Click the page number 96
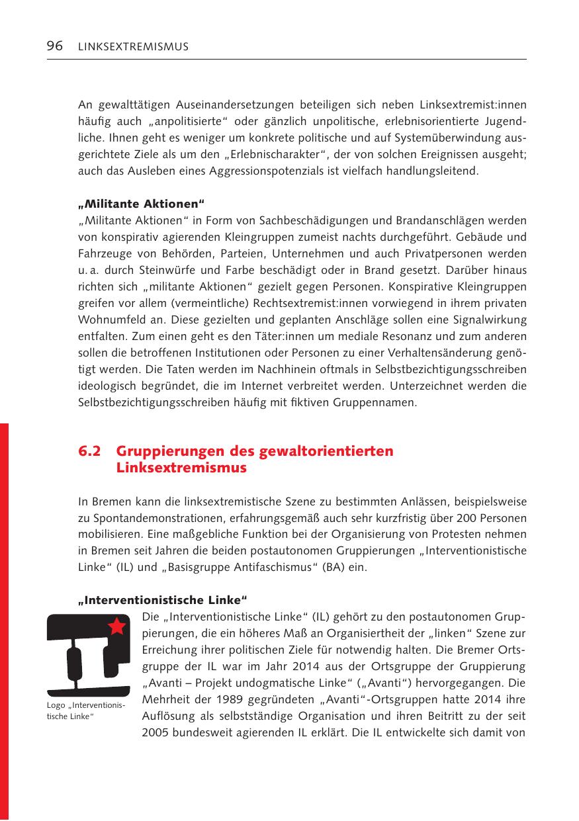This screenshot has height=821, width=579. pos(54,46)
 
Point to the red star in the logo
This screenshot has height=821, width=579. pos(117,626)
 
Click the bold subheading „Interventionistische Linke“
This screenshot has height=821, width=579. pos(162,600)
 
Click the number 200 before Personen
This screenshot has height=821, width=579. pos(479,517)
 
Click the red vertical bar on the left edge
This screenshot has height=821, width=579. pos(5,615)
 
